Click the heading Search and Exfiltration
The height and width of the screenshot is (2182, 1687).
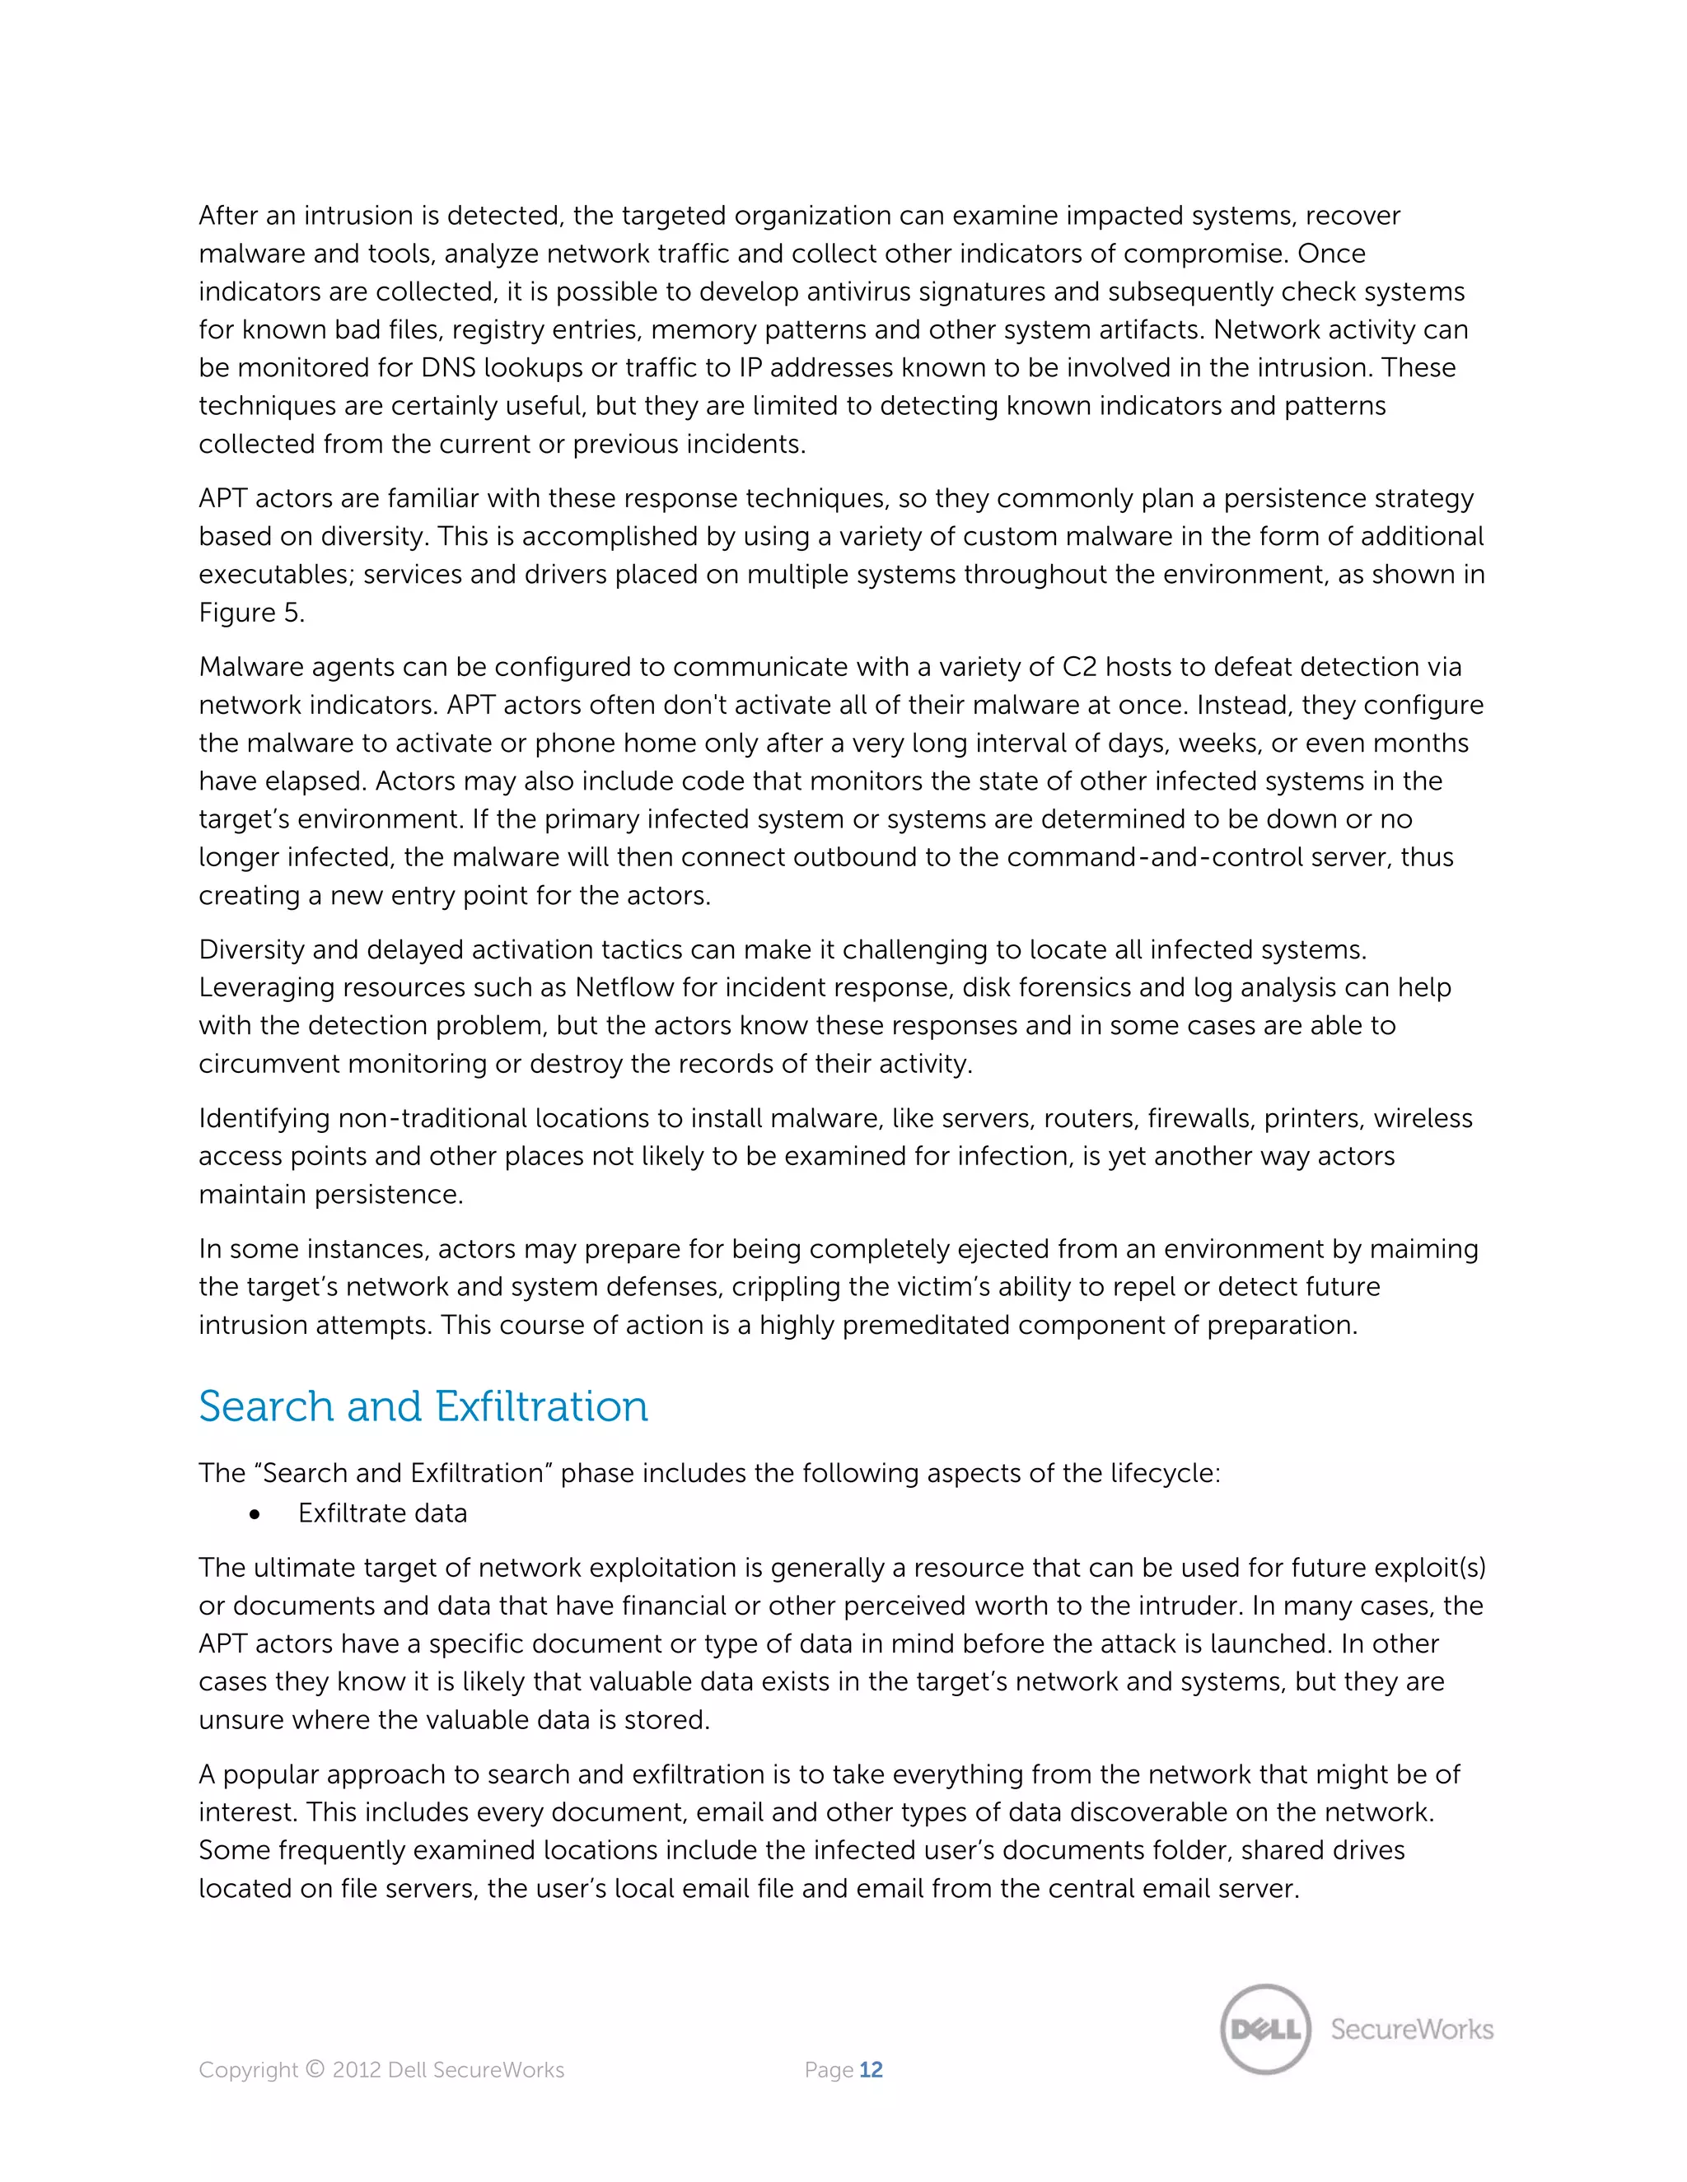coord(423,1406)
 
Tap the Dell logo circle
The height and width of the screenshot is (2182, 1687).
coord(1265,2029)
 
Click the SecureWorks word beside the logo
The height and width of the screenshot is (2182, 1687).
coord(1411,2029)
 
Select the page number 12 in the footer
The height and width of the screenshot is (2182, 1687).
coord(871,2070)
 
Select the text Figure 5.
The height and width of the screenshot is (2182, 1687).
coord(251,613)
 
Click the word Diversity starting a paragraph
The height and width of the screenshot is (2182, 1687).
coord(252,949)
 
